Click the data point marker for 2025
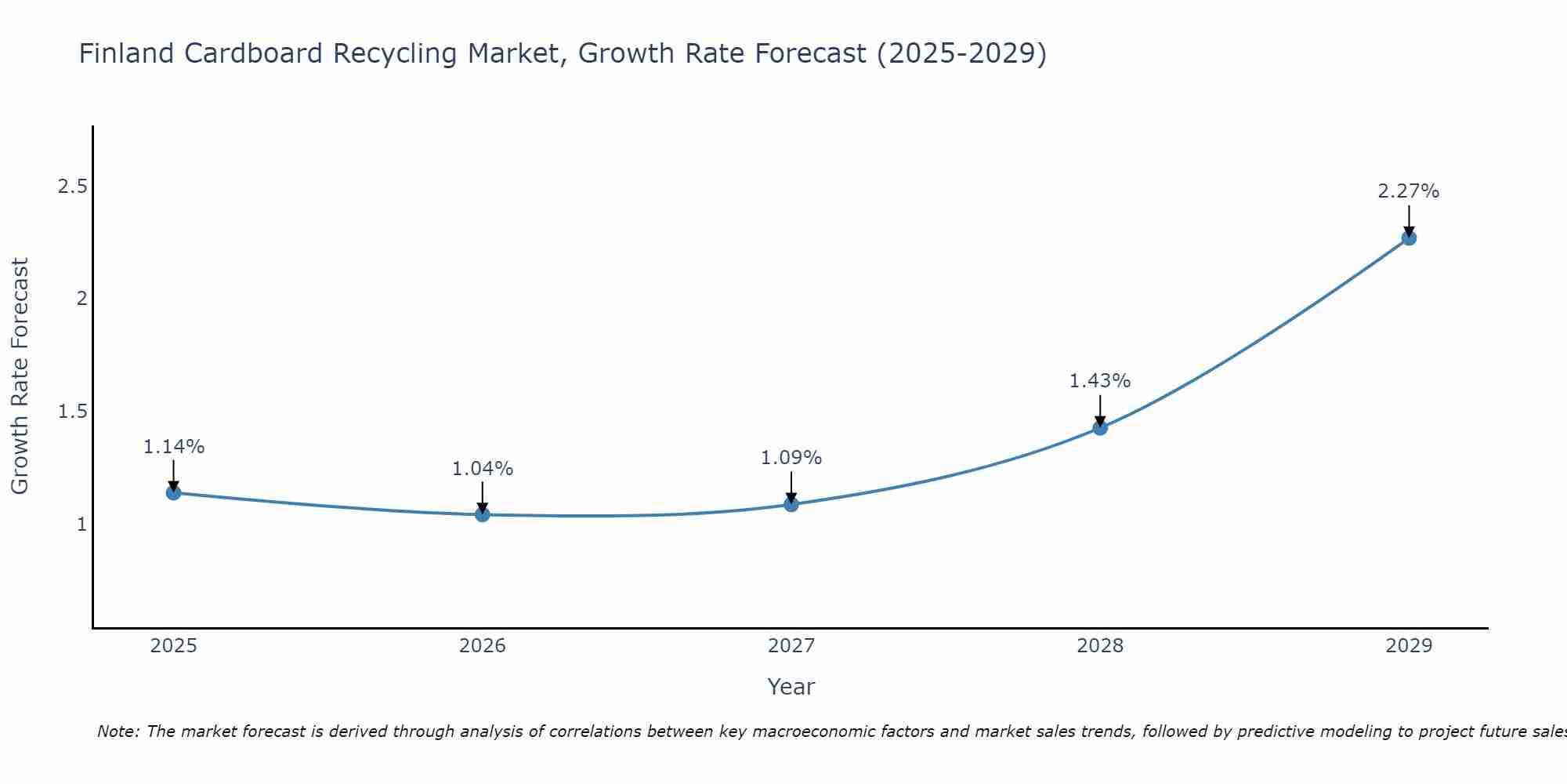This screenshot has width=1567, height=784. point(174,492)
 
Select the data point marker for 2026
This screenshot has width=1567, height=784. point(483,514)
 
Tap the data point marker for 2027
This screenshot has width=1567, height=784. point(791,504)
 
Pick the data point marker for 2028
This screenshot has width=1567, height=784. point(1100,427)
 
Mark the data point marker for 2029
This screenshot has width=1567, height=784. point(1409,238)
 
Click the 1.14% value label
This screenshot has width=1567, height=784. point(174,447)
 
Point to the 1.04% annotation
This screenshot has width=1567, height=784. point(483,469)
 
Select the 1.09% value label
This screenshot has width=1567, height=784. point(791,458)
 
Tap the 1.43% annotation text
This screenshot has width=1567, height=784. point(1100,381)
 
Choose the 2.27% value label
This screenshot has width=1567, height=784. point(1409,191)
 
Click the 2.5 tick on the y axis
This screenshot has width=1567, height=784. point(73,187)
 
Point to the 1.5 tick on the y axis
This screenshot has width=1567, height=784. point(73,412)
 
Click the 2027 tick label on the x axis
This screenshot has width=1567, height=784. point(791,646)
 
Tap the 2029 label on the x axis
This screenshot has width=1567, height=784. point(1409,646)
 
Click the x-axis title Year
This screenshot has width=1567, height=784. point(791,687)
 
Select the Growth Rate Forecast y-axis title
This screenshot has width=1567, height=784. point(20,376)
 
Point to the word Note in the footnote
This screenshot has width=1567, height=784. point(118,731)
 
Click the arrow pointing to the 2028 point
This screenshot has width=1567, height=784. point(1100,409)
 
